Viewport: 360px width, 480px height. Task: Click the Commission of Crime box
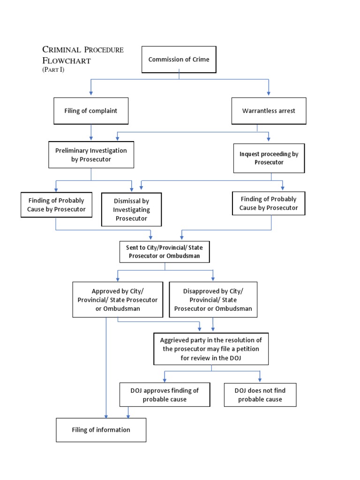coord(179,60)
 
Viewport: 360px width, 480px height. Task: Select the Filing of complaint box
coord(91,111)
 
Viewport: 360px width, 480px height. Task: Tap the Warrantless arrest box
coord(269,111)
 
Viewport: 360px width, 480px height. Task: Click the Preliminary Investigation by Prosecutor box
coord(91,155)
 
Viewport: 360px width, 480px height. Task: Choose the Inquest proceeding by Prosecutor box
coord(269,158)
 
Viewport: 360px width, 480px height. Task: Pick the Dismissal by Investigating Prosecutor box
coord(131,210)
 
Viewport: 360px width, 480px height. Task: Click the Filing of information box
coord(101,430)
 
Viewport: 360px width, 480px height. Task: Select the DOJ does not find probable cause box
coord(260,395)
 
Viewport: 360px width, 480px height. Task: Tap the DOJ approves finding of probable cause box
coord(165,395)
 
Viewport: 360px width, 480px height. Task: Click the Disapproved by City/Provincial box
coord(213,300)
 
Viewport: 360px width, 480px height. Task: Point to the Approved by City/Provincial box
coord(118,300)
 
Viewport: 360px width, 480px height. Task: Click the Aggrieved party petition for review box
coord(211,349)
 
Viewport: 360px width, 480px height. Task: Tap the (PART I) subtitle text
coord(53,70)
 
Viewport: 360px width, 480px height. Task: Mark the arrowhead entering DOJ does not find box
coord(260,380)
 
